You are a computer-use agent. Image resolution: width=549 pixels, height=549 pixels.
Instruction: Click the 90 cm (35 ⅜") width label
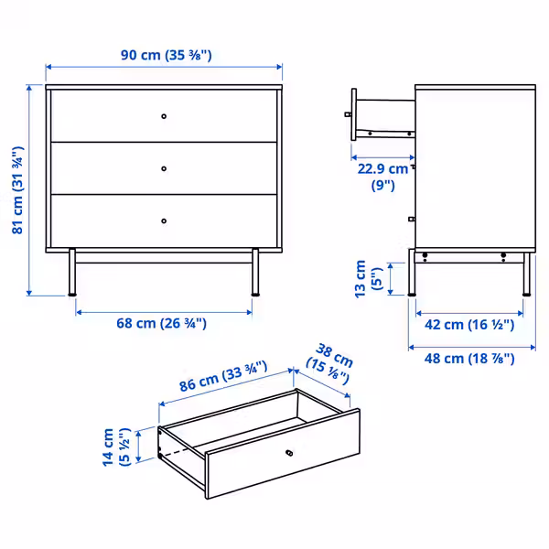click(x=166, y=55)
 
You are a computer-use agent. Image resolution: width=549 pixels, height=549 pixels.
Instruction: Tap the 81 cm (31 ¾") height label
click(x=17, y=190)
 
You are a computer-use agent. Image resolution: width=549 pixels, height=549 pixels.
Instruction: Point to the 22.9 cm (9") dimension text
click(x=383, y=177)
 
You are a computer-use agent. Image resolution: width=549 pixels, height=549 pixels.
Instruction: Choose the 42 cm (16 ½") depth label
click(x=470, y=324)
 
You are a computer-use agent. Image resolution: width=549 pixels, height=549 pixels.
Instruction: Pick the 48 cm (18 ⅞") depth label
click(x=470, y=358)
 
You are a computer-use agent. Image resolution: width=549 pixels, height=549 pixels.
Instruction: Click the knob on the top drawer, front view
click(x=164, y=116)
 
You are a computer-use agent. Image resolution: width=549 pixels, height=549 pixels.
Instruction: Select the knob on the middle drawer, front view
click(x=164, y=168)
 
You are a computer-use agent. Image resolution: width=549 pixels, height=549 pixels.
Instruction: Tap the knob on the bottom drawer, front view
click(x=164, y=220)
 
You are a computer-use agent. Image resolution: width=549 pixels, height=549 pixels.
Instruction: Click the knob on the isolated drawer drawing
click(x=290, y=454)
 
